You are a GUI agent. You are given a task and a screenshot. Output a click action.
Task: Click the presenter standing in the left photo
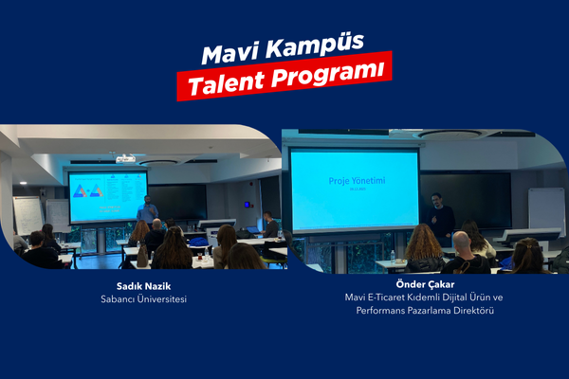tap(148, 211)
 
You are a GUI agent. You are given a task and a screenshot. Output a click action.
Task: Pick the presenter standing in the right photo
tap(440, 216)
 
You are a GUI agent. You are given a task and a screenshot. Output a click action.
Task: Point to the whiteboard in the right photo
tap(546, 210)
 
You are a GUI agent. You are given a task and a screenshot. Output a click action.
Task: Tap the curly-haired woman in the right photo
tap(424, 248)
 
